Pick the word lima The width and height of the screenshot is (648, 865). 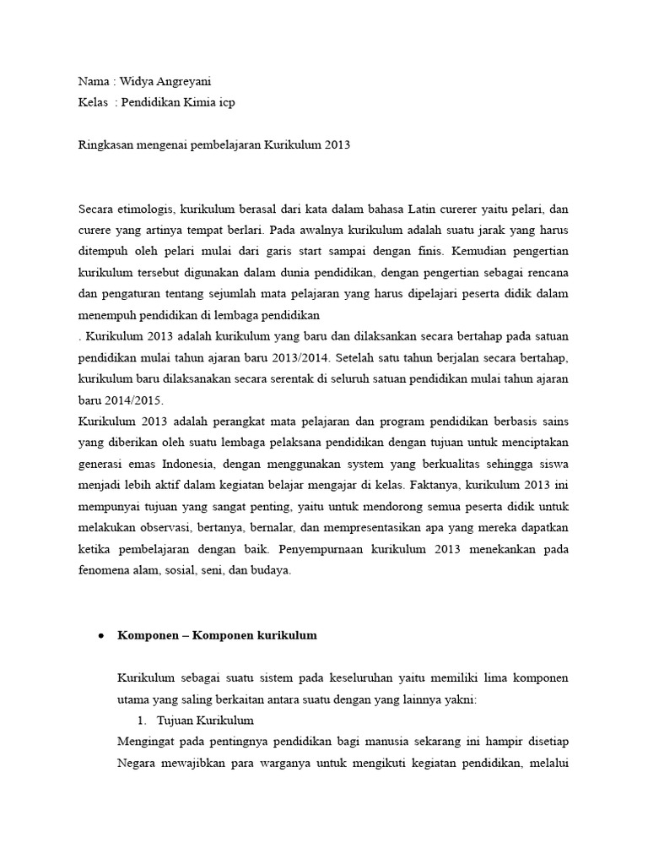(x=487, y=678)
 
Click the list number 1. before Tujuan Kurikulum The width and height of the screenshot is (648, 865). (x=143, y=721)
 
